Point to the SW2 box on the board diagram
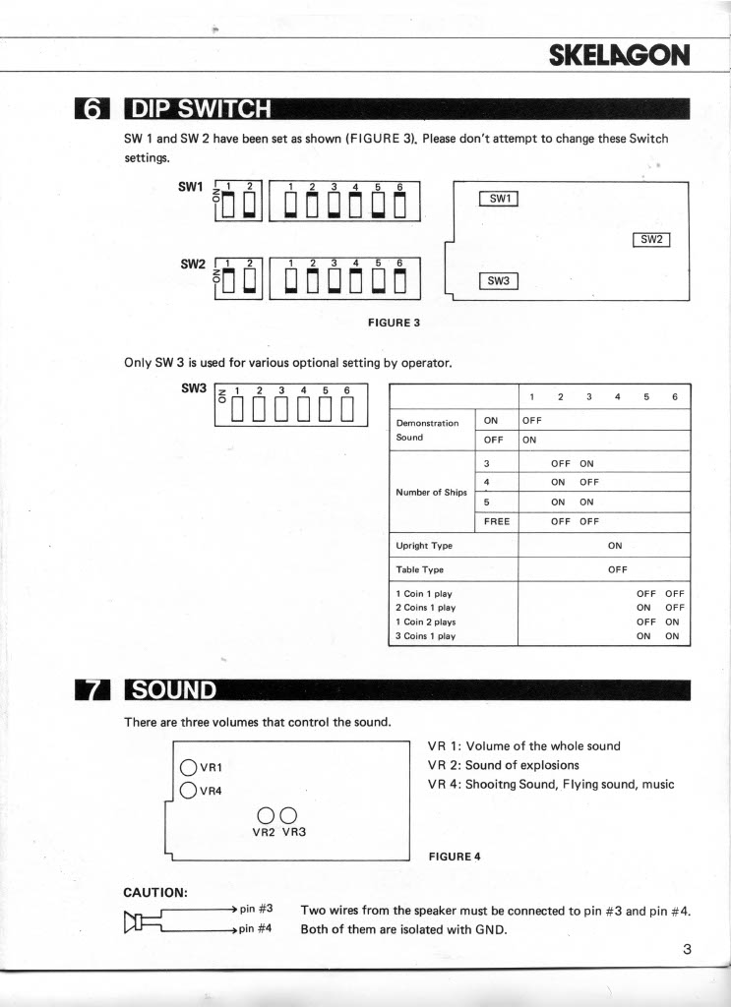pos(652,239)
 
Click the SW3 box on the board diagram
pos(498,281)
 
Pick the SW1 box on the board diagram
pos(498,199)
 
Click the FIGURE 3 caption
pos(394,322)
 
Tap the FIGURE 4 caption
pos(455,856)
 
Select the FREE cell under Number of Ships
pos(497,521)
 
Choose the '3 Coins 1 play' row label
pos(425,636)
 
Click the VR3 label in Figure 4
pos(295,831)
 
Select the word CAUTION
pos(155,892)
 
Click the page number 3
pos(687,949)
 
